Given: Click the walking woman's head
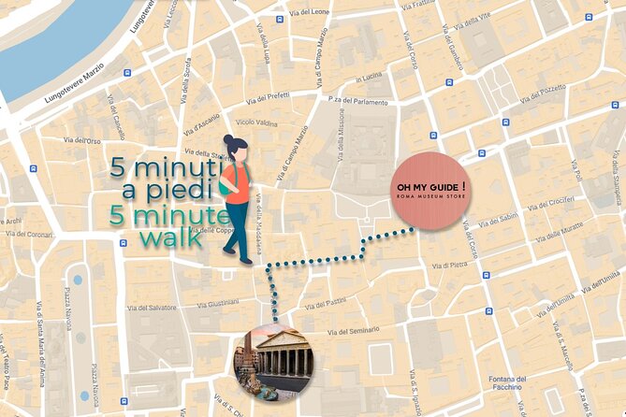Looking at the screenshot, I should coord(234,150).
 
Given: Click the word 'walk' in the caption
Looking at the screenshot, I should coord(170,237).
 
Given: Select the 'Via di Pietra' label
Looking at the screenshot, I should coord(450,266).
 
